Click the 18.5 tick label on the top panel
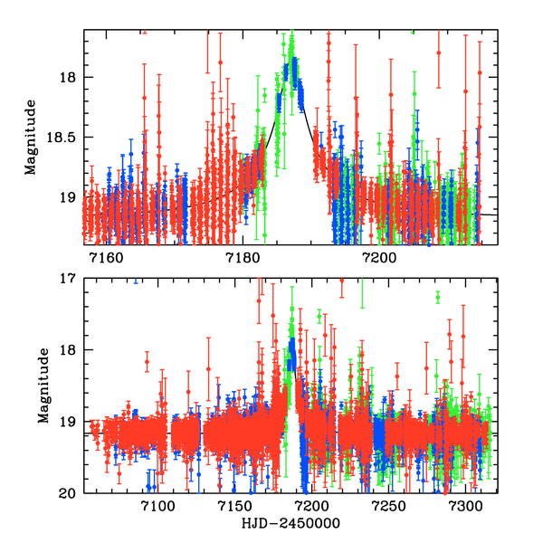[x=64, y=138]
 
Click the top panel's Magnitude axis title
[x=31, y=138]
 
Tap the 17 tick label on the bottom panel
[x=70, y=279]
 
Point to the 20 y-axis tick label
[x=70, y=493]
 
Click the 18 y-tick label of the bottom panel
[x=70, y=350]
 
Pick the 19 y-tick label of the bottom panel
[x=70, y=422]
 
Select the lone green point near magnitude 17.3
[x=438, y=297]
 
